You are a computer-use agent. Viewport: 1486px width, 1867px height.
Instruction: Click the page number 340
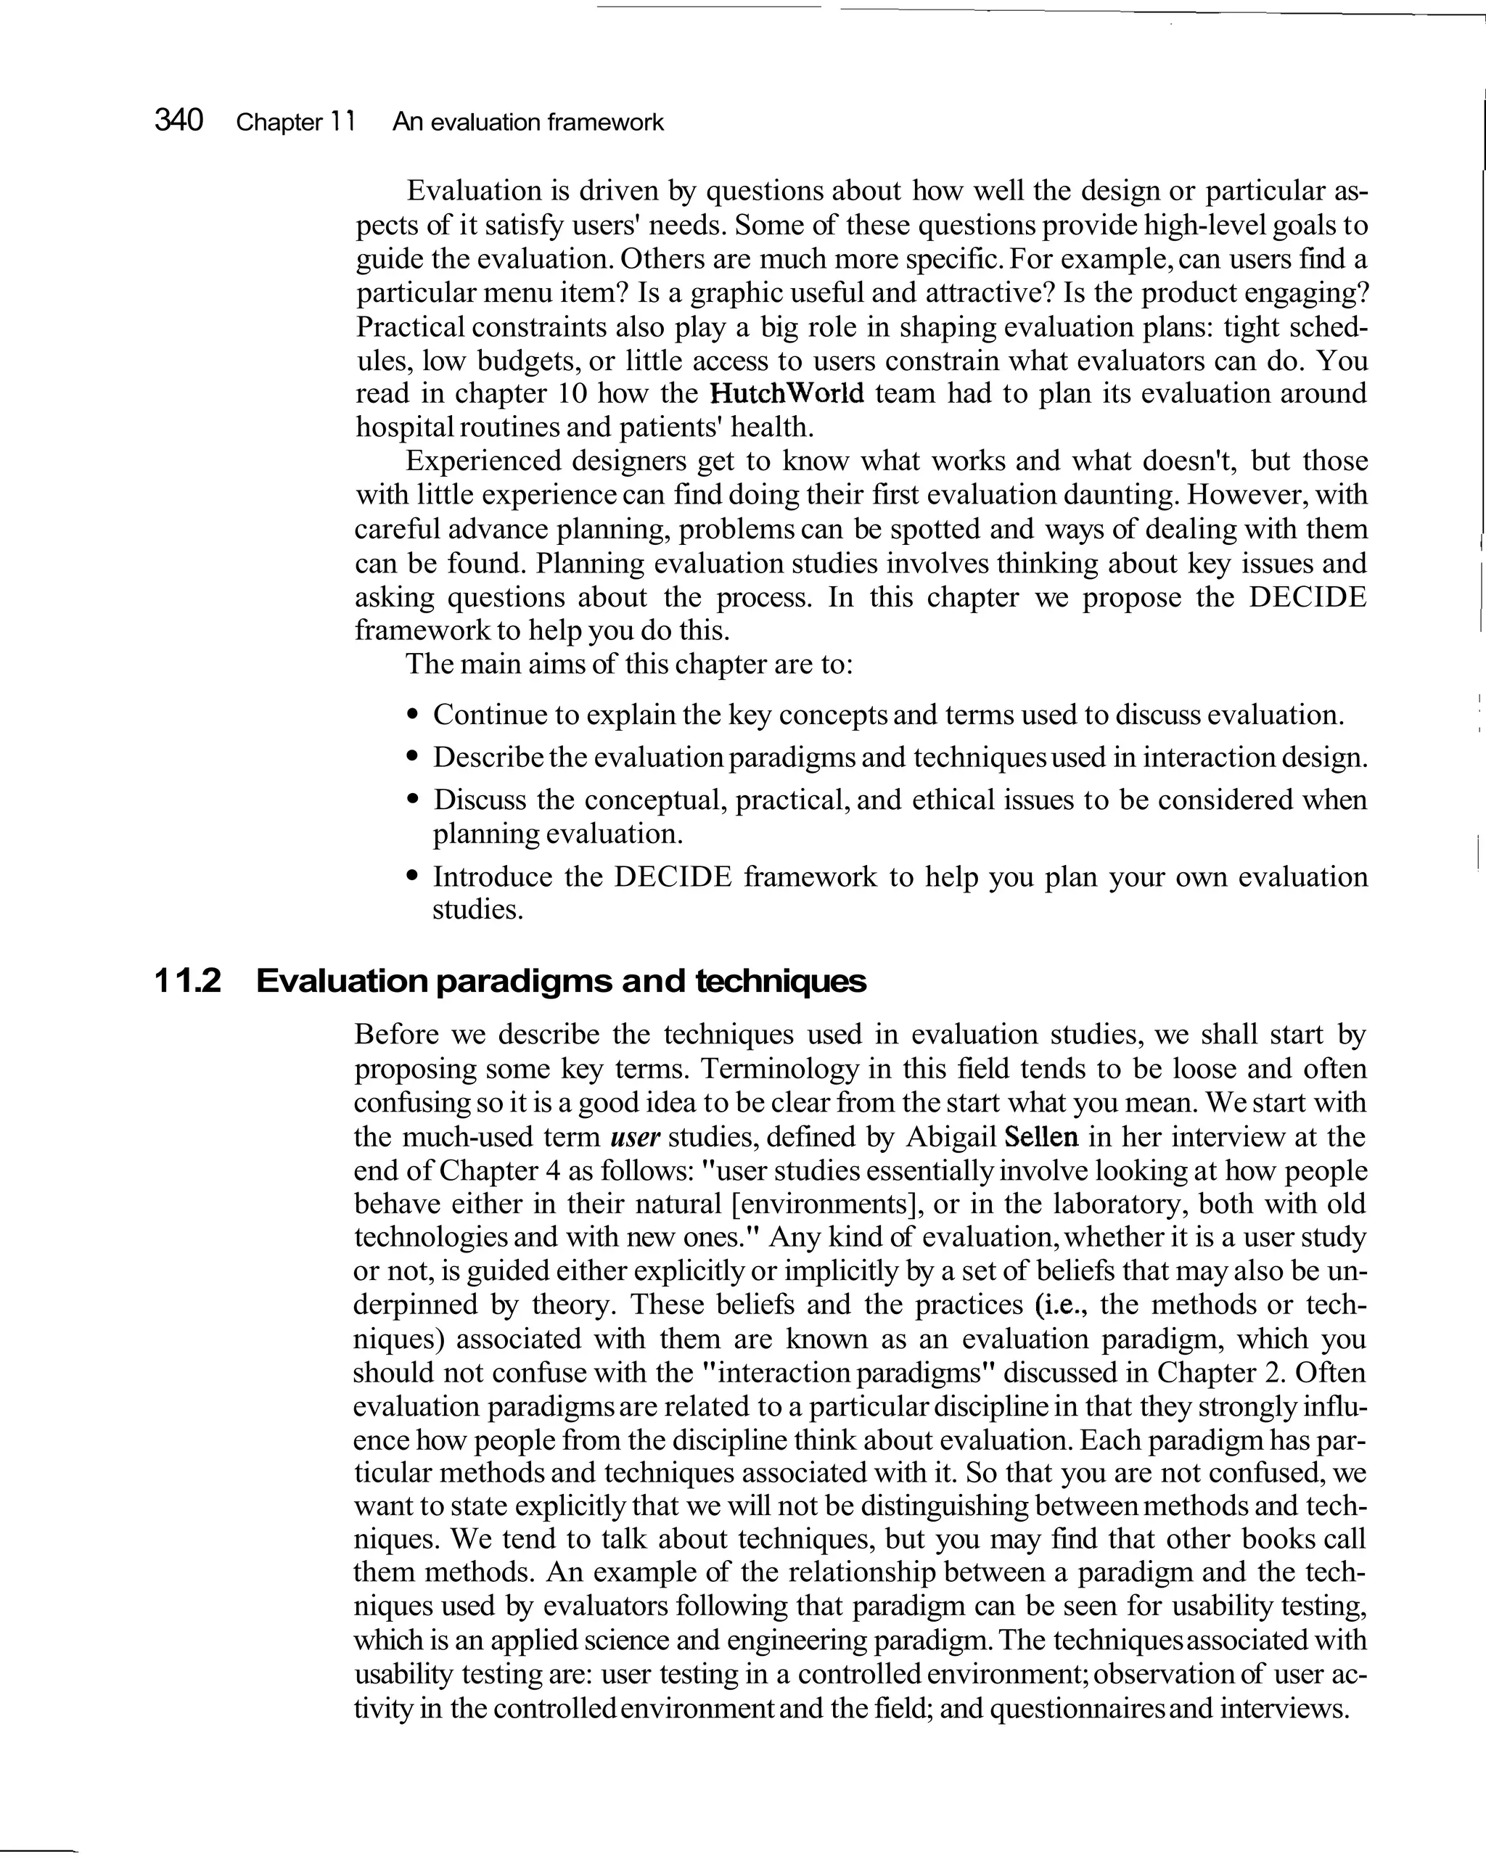tap(178, 120)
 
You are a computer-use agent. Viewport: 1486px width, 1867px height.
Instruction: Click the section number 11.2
tap(188, 981)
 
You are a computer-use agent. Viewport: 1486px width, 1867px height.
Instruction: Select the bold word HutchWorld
tap(787, 393)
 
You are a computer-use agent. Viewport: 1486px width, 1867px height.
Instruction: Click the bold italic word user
tap(635, 1137)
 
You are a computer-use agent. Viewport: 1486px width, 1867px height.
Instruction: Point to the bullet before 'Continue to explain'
tap(413, 716)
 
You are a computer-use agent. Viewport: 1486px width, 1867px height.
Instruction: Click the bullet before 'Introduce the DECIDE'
tap(413, 877)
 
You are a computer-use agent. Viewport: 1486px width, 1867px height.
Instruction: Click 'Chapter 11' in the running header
tap(295, 122)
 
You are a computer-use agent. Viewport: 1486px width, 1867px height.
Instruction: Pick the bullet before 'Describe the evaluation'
tap(413, 758)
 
